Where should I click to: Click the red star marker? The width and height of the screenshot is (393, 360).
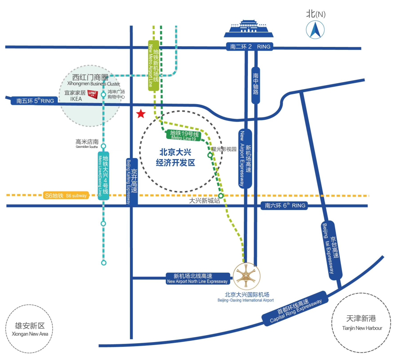[x=141, y=114]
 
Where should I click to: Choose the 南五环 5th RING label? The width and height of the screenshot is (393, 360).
[x=35, y=101]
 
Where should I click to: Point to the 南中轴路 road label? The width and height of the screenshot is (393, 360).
[x=256, y=85]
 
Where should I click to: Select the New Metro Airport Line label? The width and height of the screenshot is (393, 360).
[x=154, y=65]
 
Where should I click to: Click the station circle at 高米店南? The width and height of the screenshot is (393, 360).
[x=103, y=146]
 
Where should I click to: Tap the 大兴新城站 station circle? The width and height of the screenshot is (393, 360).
[x=221, y=195]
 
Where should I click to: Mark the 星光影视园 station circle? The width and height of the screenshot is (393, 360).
[x=210, y=155]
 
